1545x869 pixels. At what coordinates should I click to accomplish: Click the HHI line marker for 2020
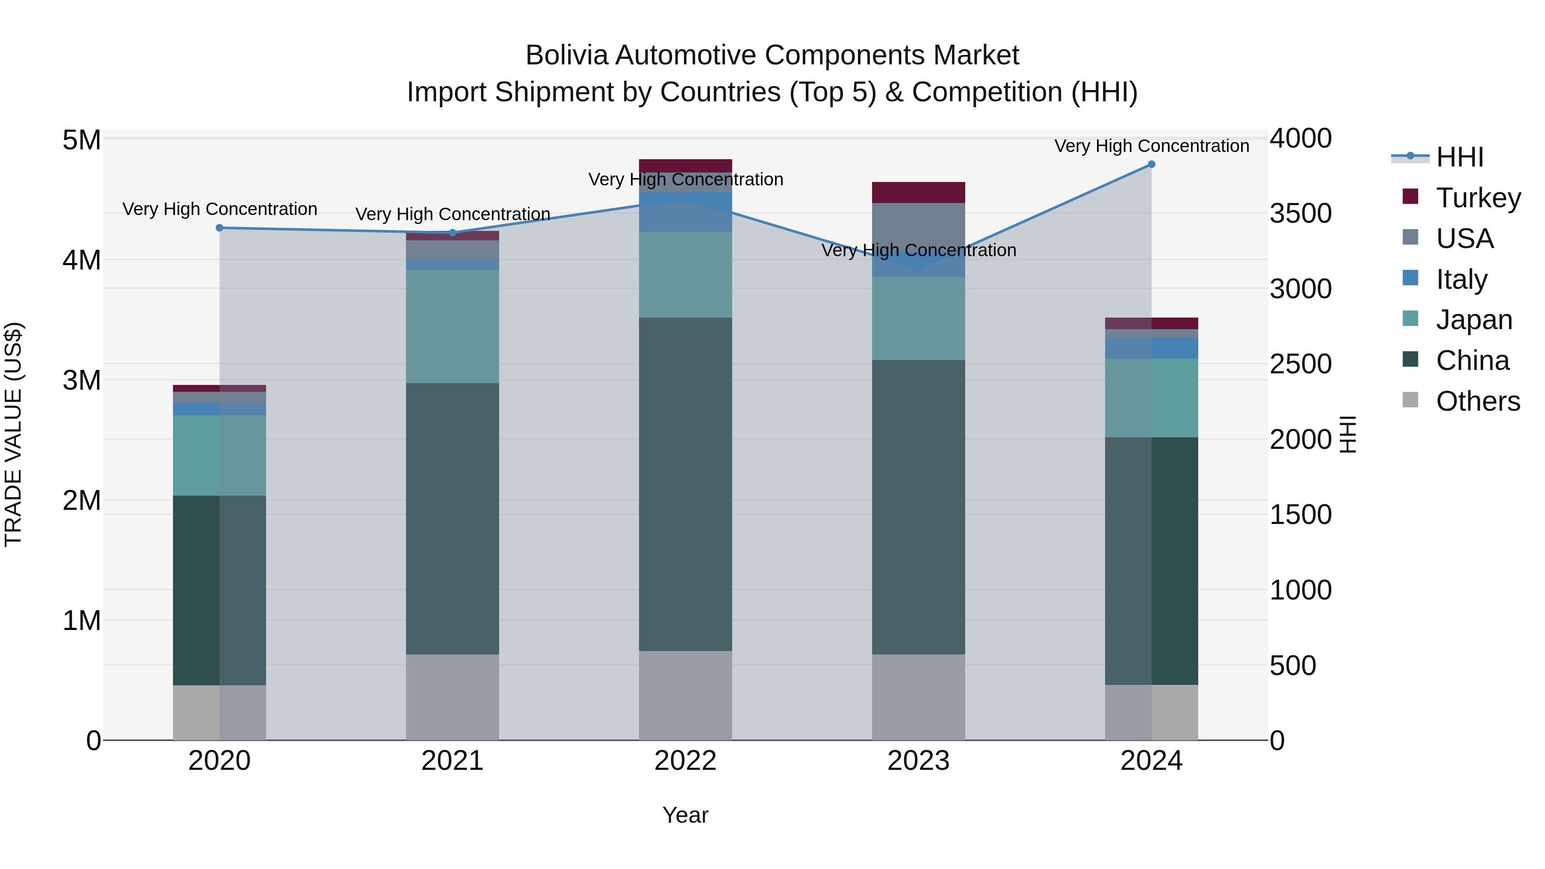click(x=219, y=228)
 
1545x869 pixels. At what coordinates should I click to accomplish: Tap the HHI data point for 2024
click(x=1151, y=164)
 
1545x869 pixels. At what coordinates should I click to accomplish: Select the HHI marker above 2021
click(x=453, y=233)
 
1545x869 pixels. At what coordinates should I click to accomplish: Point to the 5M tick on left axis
click(x=82, y=140)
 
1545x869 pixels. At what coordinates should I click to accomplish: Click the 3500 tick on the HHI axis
click(x=1300, y=214)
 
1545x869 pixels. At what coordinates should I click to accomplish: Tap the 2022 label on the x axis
click(x=685, y=761)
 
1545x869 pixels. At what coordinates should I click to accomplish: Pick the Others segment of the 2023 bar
click(x=918, y=697)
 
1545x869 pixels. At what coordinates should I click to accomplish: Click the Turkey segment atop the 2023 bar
click(x=918, y=192)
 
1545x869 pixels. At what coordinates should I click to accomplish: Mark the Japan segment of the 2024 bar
click(x=1151, y=398)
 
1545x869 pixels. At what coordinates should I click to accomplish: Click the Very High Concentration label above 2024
click(x=1151, y=146)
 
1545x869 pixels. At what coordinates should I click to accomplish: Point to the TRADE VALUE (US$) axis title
click(x=13, y=434)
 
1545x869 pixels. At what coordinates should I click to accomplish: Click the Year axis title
click(x=685, y=815)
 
